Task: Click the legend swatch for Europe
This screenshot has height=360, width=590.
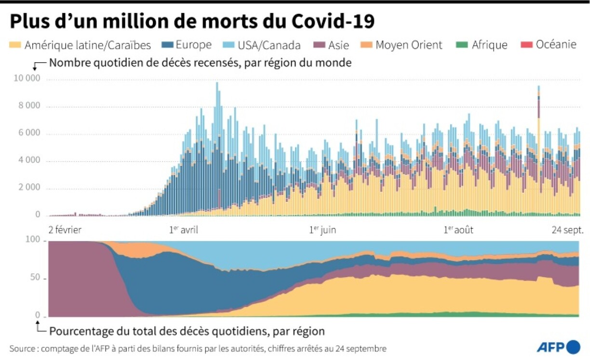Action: pos(168,45)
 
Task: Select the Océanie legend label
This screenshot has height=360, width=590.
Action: pos(556,45)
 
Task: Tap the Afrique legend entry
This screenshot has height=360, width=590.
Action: pos(489,45)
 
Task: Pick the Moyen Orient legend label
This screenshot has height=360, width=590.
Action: pos(409,45)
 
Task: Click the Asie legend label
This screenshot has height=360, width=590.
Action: pos(339,45)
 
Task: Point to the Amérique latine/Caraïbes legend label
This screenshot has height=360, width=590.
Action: pos(87,45)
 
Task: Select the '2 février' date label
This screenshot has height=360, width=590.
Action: pos(66,230)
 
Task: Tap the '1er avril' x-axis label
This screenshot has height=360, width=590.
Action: pos(184,230)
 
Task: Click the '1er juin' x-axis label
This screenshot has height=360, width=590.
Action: pos(322,230)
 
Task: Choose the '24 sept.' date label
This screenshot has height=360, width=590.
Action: pos(567,230)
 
